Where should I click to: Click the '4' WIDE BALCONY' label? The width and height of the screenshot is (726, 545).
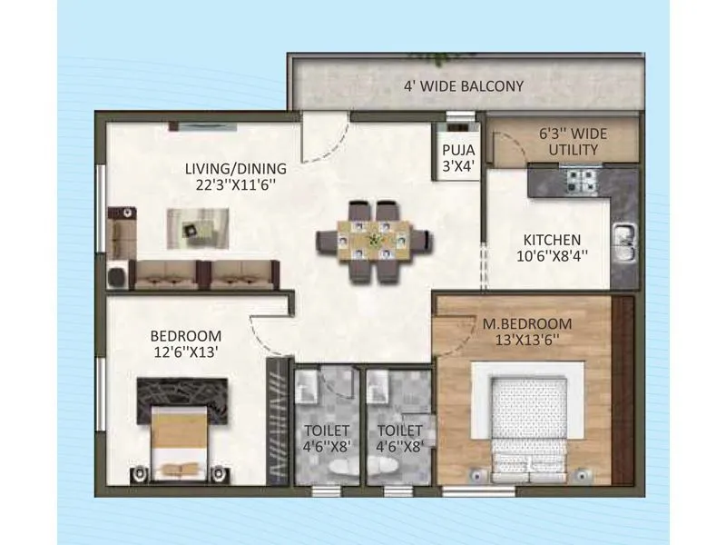(464, 86)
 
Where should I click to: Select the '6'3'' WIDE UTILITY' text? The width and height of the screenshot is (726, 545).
(573, 141)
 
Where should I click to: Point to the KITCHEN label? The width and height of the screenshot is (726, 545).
(551, 241)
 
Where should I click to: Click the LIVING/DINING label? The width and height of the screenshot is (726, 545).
(235, 168)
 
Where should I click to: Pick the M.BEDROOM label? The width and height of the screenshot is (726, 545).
(526, 324)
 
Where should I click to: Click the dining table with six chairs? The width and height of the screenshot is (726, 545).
(372, 241)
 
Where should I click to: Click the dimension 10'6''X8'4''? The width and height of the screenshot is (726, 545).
(551, 256)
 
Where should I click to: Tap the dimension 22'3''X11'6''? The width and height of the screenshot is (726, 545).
(235, 184)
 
